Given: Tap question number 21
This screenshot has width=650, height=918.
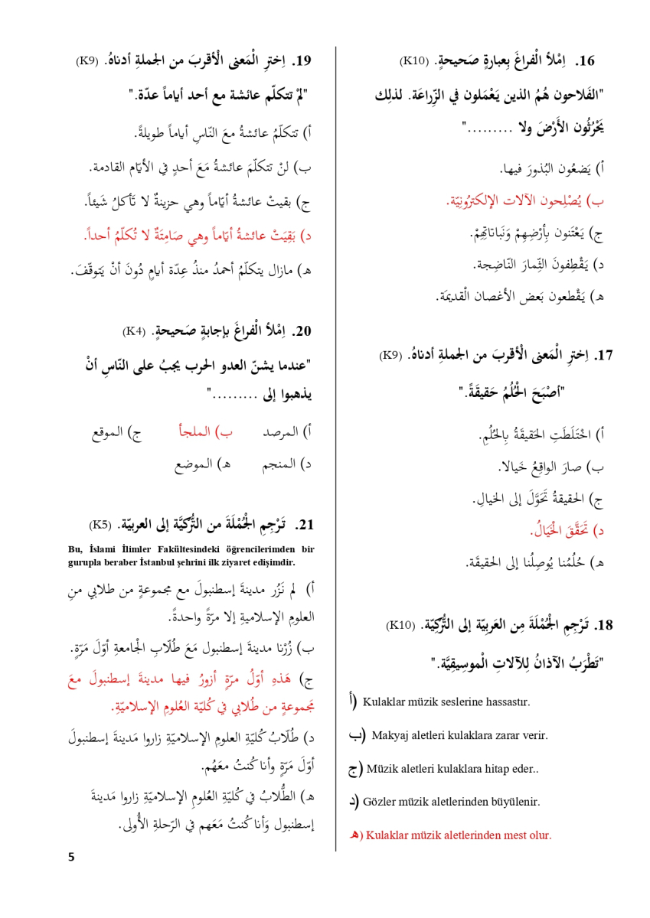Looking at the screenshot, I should coord(305,525).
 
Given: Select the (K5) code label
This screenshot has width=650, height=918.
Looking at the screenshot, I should coord(103,526).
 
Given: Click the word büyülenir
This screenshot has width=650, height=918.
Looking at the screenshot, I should coord(518,802).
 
